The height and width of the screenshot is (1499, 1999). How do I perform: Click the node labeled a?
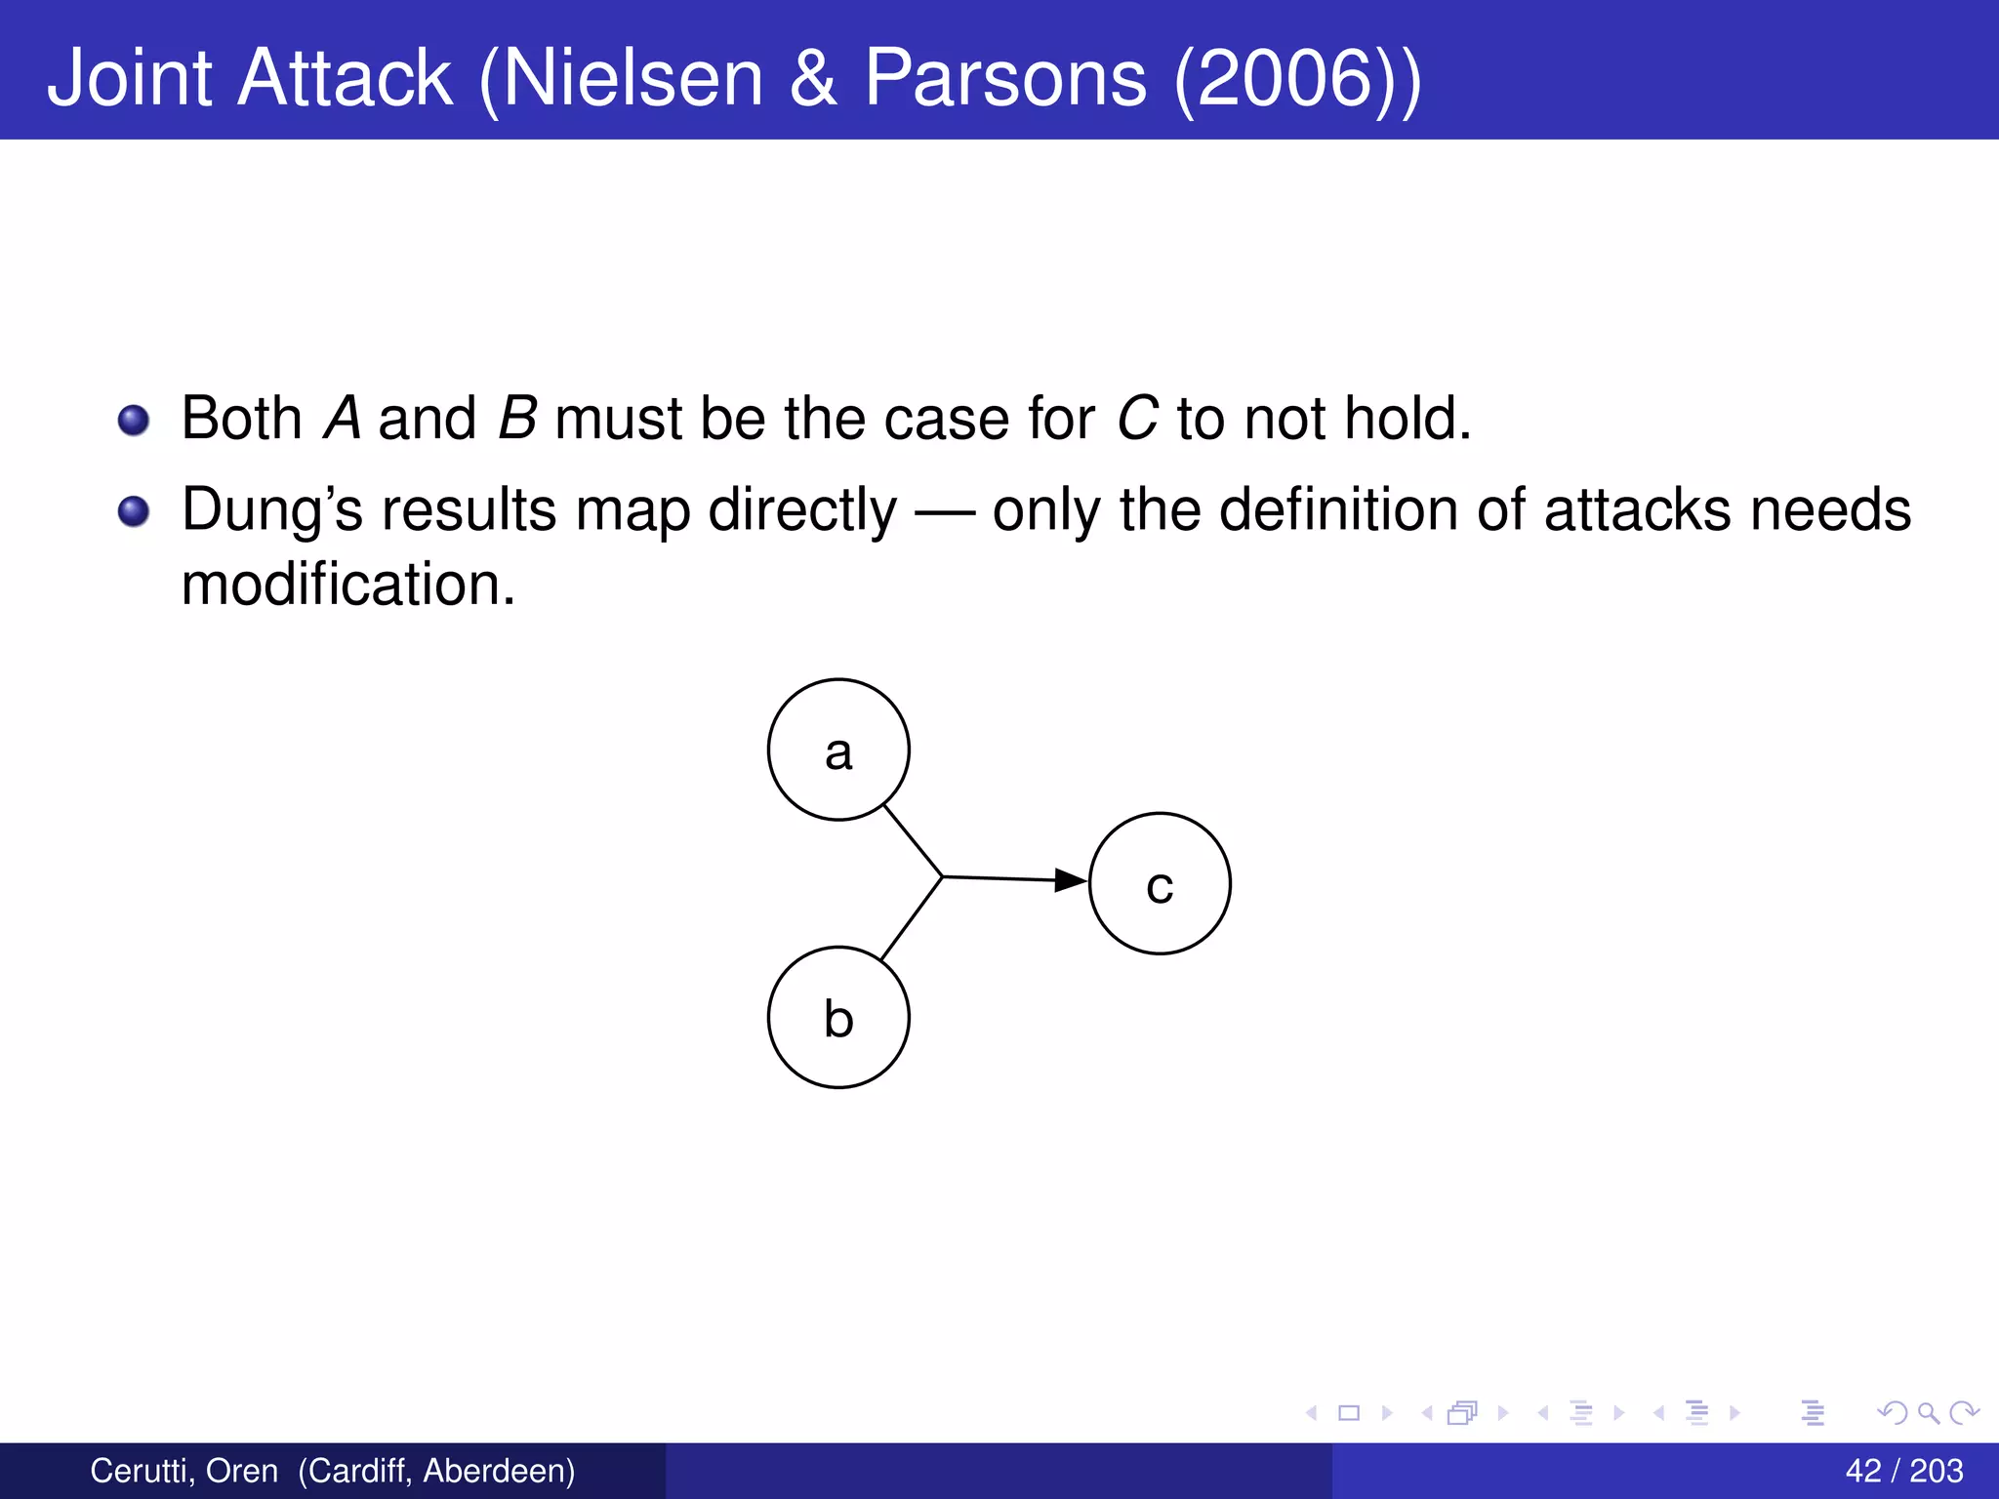pyautogui.click(x=838, y=749)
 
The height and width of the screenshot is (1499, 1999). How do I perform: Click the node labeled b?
pyautogui.click(x=838, y=1017)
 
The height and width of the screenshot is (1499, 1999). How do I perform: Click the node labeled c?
pyautogui.click(x=1160, y=883)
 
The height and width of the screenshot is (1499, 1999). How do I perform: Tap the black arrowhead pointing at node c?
pyautogui.click(x=1072, y=880)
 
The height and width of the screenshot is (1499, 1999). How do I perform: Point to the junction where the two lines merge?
pyautogui.click(x=942, y=876)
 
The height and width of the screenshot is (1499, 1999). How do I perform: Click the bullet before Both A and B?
pyautogui.click(x=134, y=421)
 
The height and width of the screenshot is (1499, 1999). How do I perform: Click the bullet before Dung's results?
pyautogui.click(x=134, y=511)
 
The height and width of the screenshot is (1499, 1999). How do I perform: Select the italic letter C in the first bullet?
pyautogui.click(x=1137, y=419)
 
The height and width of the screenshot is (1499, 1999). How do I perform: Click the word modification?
pyautogui.click(x=348, y=585)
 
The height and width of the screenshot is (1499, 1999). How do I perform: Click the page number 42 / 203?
pyautogui.click(x=1903, y=1471)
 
